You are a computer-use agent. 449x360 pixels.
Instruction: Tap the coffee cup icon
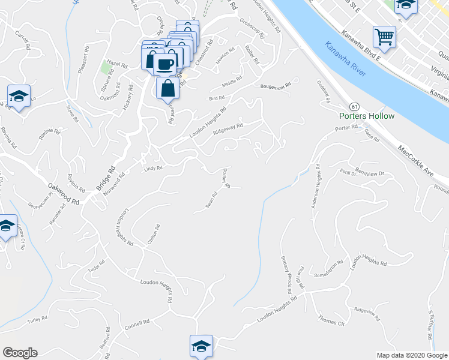click(164, 64)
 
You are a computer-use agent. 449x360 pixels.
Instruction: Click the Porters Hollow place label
click(367, 116)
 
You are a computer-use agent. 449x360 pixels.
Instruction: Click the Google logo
click(20, 353)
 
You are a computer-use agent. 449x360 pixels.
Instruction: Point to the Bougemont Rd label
click(274, 86)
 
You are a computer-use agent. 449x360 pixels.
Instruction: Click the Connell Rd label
click(137, 325)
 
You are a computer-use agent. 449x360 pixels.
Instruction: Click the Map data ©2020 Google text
click(412, 355)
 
